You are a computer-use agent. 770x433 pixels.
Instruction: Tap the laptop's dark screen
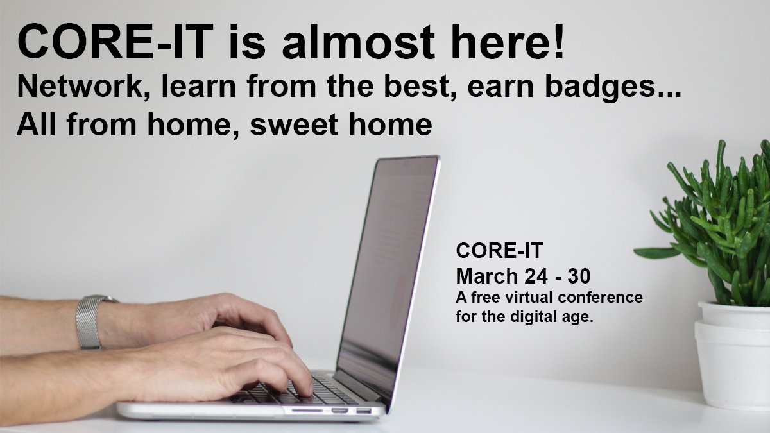[385, 269]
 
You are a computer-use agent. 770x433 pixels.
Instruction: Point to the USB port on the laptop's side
[363, 409]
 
